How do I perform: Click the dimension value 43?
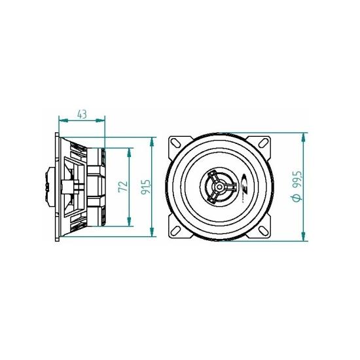click(82, 114)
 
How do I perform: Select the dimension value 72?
click(122, 187)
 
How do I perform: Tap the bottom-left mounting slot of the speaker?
click(176, 231)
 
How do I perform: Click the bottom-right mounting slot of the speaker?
click(264, 231)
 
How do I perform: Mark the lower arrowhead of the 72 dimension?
click(128, 223)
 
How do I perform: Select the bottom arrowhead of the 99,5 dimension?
click(304, 237)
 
